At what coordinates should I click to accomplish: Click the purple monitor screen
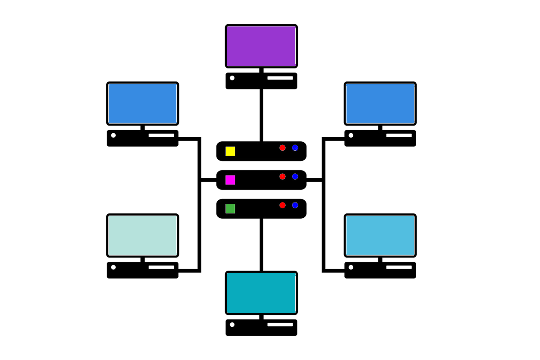[261, 46]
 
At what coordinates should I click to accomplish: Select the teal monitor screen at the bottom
[261, 292]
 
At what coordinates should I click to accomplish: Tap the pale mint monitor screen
[143, 235]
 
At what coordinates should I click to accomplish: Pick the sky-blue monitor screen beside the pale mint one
[380, 235]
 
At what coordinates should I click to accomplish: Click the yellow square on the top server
[230, 151]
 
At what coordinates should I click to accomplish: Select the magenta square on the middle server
[230, 180]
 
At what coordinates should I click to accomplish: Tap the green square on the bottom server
[230, 209]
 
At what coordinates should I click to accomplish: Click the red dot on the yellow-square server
[283, 148]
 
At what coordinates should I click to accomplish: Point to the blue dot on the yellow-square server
[295, 148]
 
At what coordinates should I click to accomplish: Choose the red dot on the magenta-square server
[283, 176]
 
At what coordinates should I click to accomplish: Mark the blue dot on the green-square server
[295, 205]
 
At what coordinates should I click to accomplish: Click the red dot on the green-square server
[283, 205]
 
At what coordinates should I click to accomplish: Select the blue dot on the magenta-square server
[295, 176]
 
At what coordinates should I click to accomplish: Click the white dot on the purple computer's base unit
[232, 78]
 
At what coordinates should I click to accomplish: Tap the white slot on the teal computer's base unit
[280, 324]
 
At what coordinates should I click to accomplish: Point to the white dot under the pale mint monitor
[113, 267]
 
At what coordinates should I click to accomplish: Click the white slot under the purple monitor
[280, 78]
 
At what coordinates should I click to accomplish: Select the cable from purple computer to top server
[261, 115]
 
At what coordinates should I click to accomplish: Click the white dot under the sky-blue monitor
[351, 267]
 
